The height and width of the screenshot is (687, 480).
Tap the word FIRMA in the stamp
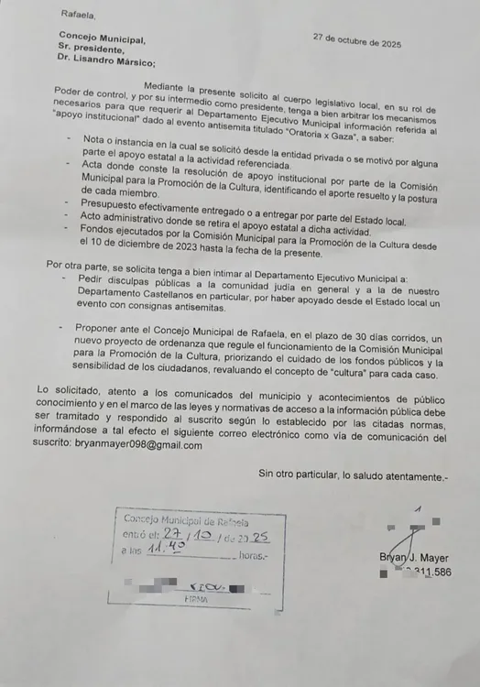(197, 599)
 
